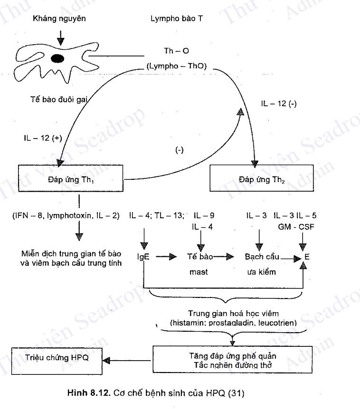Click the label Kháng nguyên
coord(59,19)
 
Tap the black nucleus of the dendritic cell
coord(58,59)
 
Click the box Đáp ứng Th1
coord(70,179)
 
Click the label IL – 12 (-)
coord(279,104)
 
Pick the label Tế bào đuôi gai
coord(59,101)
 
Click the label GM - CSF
coord(296,227)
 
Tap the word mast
coord(199,273)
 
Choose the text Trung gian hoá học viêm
coord(233,313)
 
